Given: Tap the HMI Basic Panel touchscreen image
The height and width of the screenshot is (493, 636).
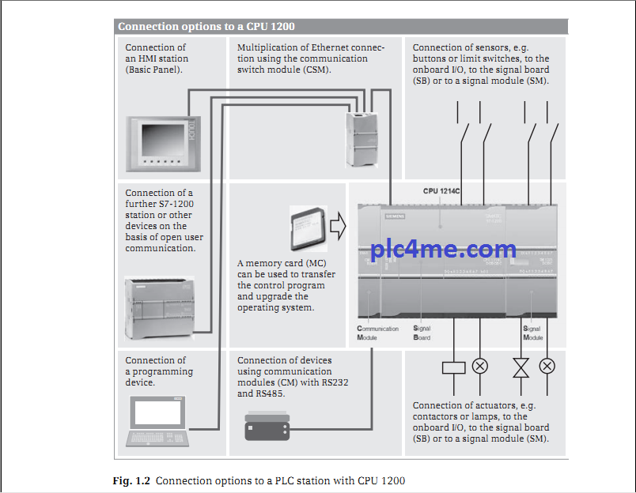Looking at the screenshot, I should (164, 143).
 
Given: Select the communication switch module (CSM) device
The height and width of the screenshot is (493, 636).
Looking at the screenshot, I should (362, 137).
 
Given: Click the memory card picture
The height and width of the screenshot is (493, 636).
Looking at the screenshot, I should (306, 228).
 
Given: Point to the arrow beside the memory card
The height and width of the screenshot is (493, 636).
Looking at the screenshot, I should (338, 227).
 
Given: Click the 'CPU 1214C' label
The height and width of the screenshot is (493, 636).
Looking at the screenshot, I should (441, 191).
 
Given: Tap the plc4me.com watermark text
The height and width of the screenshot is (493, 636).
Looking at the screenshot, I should (443, 250).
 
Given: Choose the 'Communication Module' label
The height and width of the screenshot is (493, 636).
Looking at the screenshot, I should (377, 333).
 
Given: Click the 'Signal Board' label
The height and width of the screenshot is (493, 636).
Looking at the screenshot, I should (422, 333).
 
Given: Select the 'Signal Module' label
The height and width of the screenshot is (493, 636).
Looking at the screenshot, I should (532, 333).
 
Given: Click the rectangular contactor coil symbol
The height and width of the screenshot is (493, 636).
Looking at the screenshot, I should (453, 366).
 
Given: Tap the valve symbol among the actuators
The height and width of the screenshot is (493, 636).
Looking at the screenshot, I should (521, 367).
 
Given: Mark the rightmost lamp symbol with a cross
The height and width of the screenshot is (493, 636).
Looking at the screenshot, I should (547, 366).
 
